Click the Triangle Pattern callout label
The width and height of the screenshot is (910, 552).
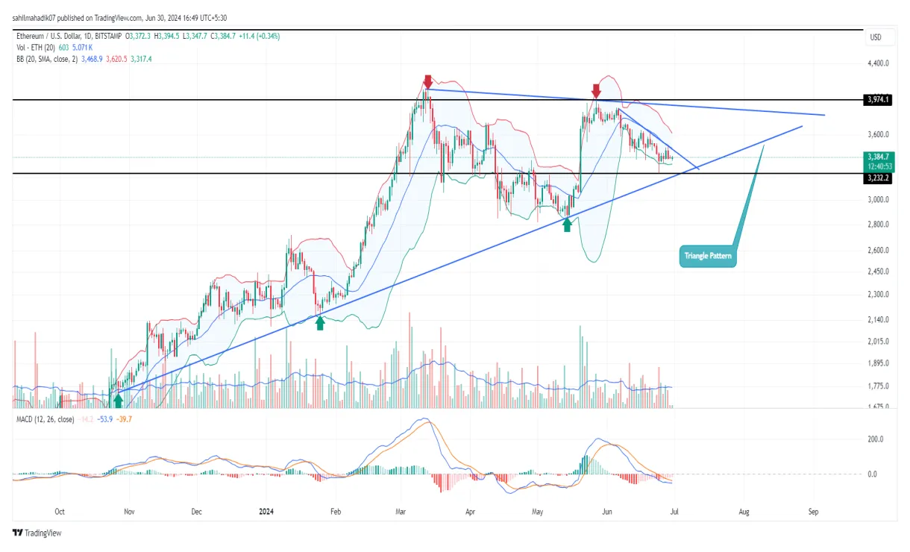pyautogui.click(x=709, y=256)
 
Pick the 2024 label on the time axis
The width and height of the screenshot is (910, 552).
pyautogui.click(x=267, y=512)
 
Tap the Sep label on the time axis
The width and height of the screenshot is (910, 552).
pyautogui.click(x=813, y=512)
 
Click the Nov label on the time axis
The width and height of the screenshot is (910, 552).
pyautogui.click(x=129, y=512)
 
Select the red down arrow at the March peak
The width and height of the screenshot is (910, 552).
pyautogui.click(x=427, y=81)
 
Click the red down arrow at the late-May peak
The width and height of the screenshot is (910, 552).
pyautogui.click(x=596, y=90)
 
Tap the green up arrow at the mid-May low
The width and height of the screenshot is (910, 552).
pyautogui.click(x=567, y=224)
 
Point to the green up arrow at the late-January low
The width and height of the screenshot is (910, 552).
pyautogui.click(x=320, y=322)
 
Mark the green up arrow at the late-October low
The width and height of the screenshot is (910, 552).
pyautogui.click(x=118, y=400)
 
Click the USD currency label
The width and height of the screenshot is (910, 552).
pyautogui.click(x=876, y=37)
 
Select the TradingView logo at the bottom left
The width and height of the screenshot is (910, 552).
pyautogui.click(x=37, y=533)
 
